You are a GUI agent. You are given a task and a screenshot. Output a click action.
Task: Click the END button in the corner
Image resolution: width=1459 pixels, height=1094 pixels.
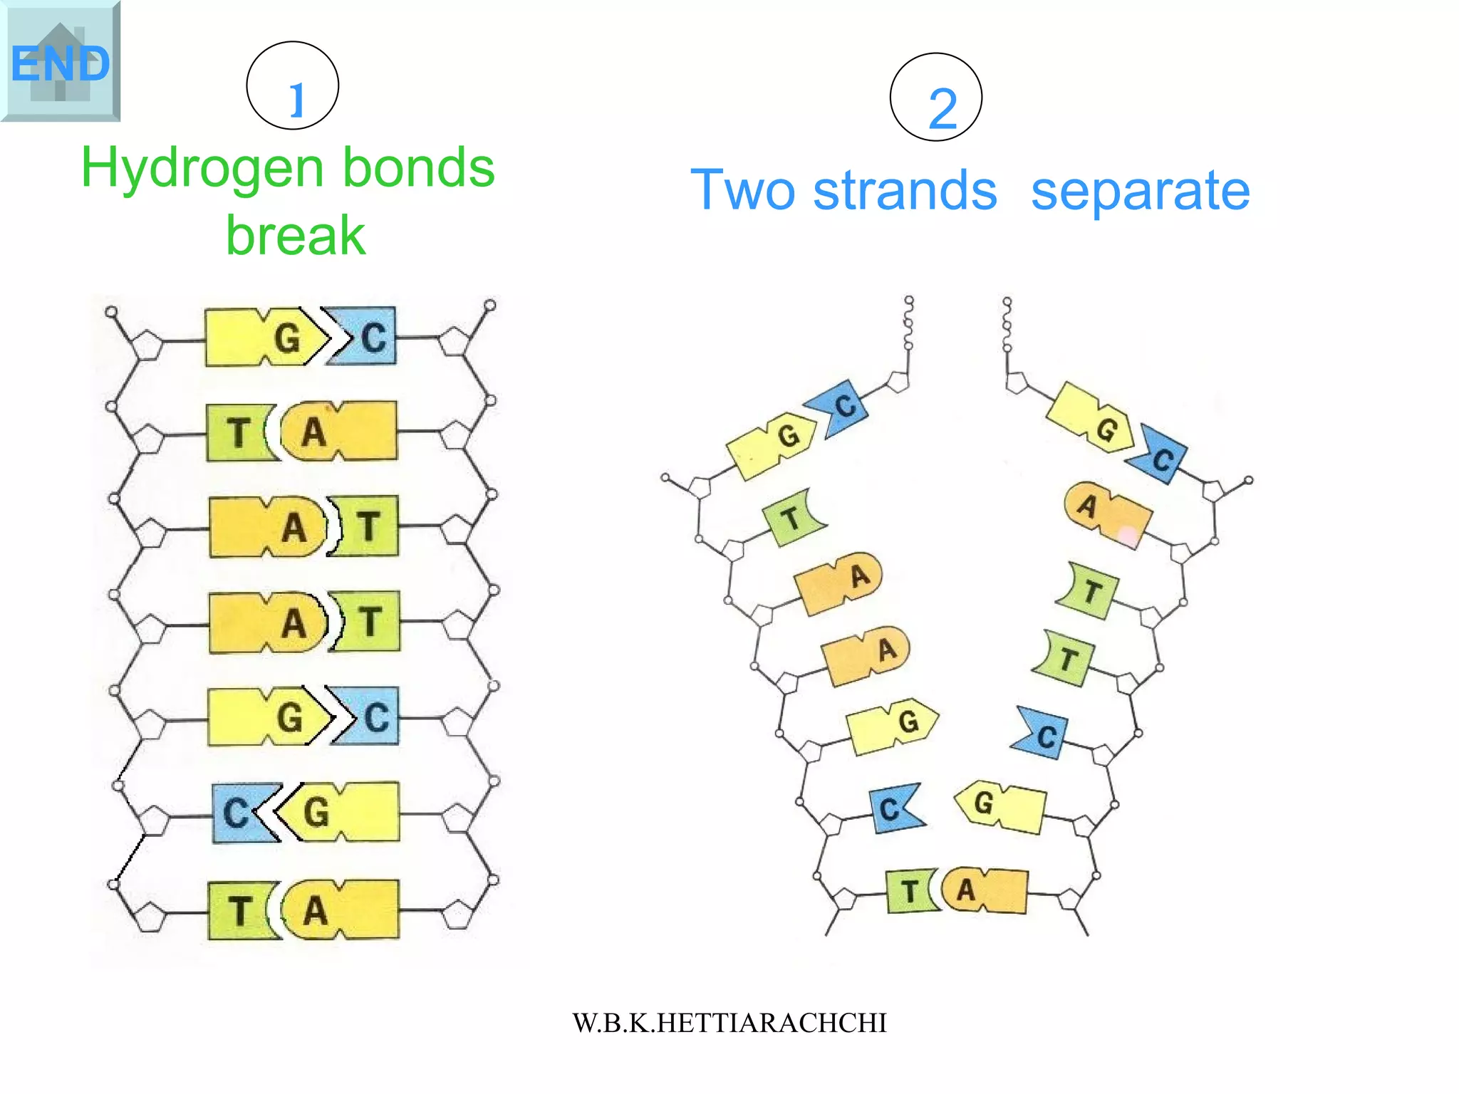coord(60,61)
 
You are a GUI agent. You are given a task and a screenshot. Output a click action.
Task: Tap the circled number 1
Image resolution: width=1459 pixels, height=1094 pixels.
coord(292,85)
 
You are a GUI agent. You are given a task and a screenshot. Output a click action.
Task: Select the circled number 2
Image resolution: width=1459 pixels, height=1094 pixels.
coord(935,98)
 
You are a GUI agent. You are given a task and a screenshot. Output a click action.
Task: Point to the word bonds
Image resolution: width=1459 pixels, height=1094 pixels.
coord(418,168)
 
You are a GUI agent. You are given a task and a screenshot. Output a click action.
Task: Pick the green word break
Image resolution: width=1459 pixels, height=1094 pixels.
coord(295,235)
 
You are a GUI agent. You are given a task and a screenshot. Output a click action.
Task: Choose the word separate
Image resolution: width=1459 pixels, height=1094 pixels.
coord(1140,191)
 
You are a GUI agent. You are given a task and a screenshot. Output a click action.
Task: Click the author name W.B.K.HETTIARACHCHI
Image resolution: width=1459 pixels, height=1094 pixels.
coord(729,1023)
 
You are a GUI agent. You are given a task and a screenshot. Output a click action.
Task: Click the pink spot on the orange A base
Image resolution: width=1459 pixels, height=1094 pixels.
coord(1128,535)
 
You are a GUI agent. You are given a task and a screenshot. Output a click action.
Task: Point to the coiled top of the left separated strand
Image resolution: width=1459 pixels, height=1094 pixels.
coord(908,324)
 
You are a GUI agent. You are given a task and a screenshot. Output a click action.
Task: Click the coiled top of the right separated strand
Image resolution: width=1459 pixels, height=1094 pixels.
coord(1007,325)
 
